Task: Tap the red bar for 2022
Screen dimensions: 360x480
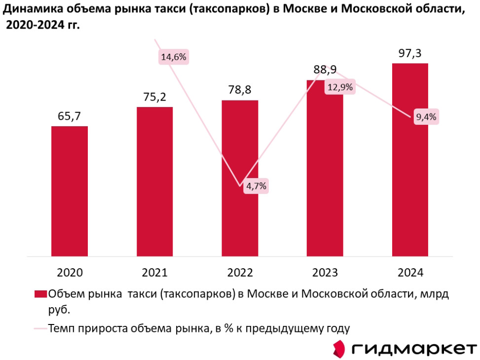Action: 240,178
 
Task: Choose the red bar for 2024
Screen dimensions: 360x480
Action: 409,160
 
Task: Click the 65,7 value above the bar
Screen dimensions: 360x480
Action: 70,116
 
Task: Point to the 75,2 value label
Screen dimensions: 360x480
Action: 154,97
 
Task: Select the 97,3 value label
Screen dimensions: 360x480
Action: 409,54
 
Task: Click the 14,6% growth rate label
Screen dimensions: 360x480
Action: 174,57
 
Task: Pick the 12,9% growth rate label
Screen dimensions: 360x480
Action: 340,87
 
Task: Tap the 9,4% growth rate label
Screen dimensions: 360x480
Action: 426,117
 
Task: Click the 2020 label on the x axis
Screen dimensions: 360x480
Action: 70,272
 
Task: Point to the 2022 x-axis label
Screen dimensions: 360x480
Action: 240,272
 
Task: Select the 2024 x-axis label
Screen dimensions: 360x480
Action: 409,272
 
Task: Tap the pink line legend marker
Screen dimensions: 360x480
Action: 40,328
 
